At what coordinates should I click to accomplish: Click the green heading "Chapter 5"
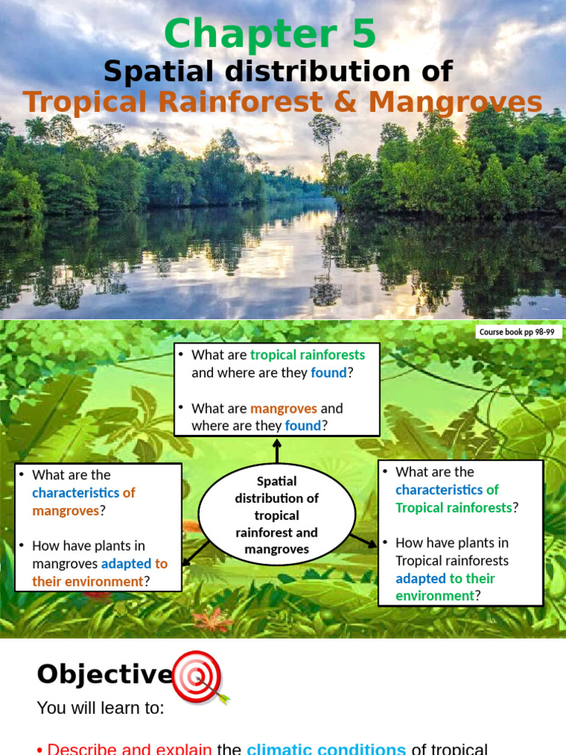point(270,35)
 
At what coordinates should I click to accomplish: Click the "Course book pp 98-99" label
point(517,333)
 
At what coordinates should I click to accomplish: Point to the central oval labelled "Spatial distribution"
point(276,515)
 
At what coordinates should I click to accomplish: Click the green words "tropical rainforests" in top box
point(307,355)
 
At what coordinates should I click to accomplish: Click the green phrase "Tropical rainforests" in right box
point(453,507)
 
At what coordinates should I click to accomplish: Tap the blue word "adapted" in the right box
point(421,578)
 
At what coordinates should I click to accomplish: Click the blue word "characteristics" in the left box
point(76,493)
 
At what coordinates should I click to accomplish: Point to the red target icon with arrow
point(199,675)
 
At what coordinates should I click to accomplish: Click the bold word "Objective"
point(104,674)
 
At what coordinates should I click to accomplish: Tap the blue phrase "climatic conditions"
point(326,749)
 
